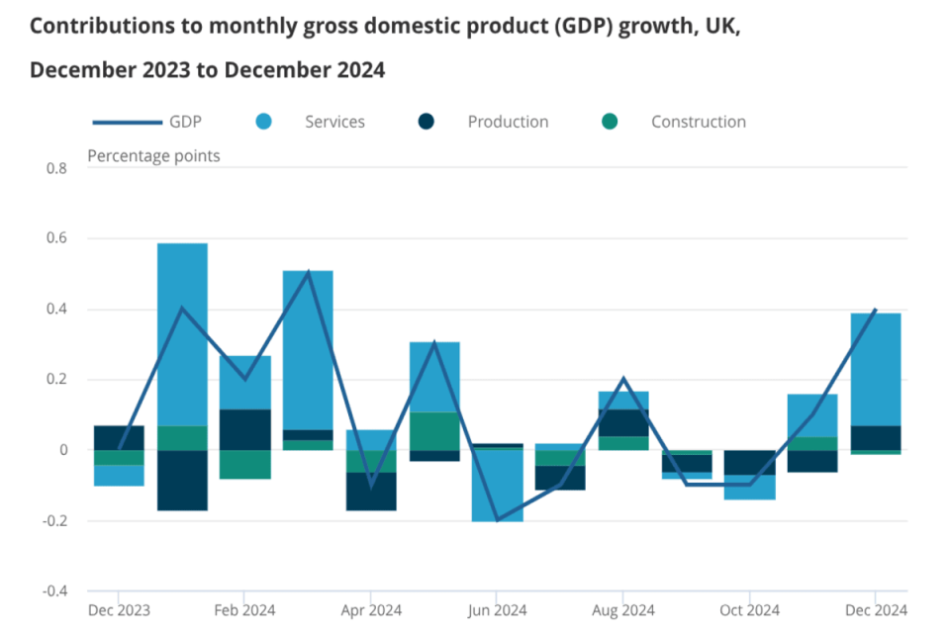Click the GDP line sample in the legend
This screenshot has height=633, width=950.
click(x=127, y=123)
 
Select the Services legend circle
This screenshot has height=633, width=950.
click(x=263, y=122)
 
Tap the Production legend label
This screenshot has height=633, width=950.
click(x=508, y=122)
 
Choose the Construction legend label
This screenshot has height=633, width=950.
click(x=698, y=122)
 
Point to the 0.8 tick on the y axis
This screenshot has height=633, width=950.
click(x=56, y=168)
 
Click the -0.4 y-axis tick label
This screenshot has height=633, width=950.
click(x=54, y=591)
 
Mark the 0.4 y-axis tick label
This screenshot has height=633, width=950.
click(x=56, y=310)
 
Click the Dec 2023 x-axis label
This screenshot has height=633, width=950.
click(x=119, y=610)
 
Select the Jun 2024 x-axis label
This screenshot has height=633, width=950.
click(x=497, y=610)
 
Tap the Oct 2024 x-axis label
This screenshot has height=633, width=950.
click(x=749, y=610)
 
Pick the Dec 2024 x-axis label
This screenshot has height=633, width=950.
click(x=876, y=610)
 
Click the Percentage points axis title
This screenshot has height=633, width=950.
click(x=153, y=155)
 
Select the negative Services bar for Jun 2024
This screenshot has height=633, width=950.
click(x=497, y=486)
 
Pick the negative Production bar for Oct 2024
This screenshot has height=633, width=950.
click(x=749, y=462)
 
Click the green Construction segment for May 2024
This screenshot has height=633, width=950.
click(x=434, y=430)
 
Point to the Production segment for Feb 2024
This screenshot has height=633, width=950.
click(x=245, y=429)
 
